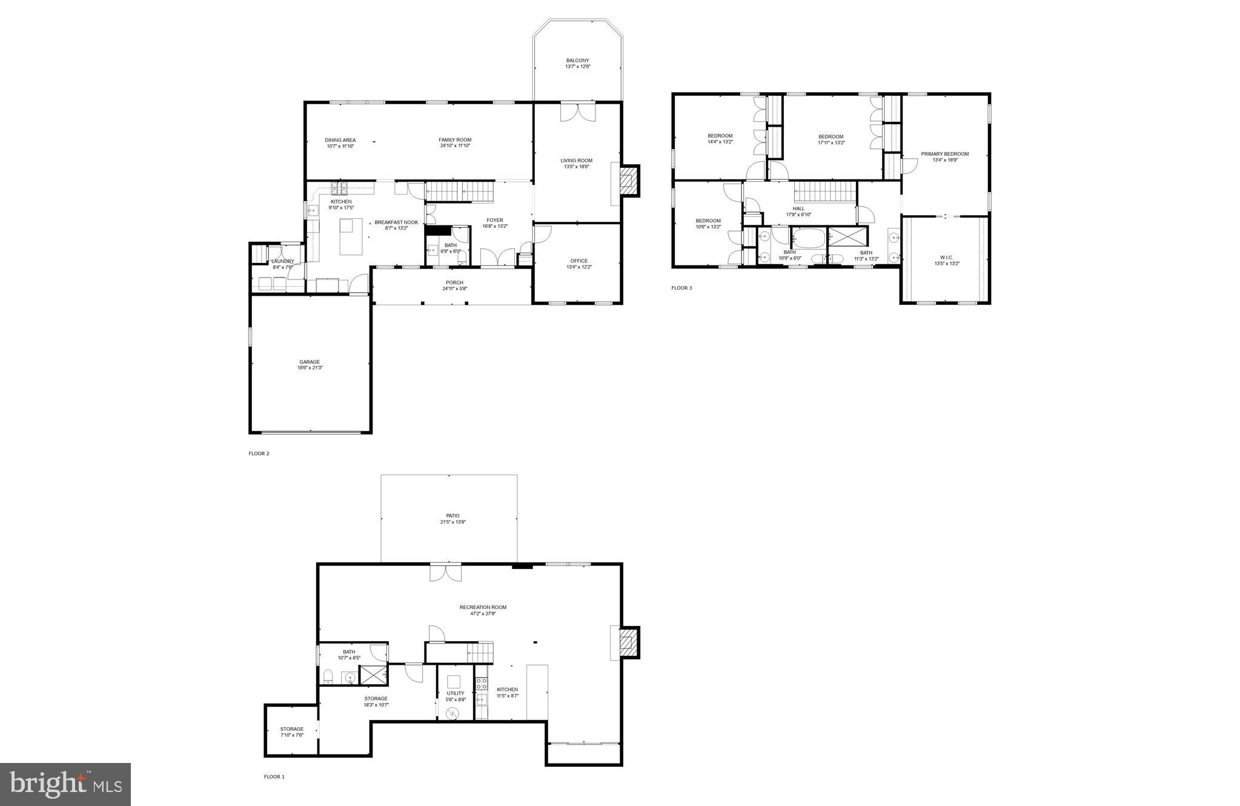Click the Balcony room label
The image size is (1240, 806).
(x=577, y=61)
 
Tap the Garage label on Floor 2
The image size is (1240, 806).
(x=309, y=362)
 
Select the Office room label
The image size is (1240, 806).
(x=579, y=261)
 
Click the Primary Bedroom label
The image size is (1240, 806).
(x=944, y=154)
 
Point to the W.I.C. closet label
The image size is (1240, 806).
(x=946, y=258)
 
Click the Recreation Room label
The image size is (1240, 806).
(x=483, y=607)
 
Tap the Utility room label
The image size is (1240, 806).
(x=456, y=693)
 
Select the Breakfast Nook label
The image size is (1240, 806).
(x=396, y=222)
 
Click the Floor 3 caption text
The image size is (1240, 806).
(x=681, y=288)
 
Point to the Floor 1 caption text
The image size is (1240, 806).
(x=274, y=776)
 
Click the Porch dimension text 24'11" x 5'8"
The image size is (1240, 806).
(x=454, y=288)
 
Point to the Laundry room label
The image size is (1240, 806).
(x=282, y=261)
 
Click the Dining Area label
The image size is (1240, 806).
(x=340, y=140)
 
